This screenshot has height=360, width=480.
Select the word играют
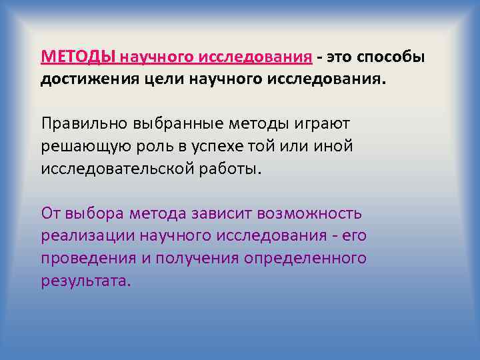click(326, 123)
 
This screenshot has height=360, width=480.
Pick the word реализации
click(86, 236)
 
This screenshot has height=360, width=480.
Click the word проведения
click(86, 258)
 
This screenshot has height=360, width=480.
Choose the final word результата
click(86, 281)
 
